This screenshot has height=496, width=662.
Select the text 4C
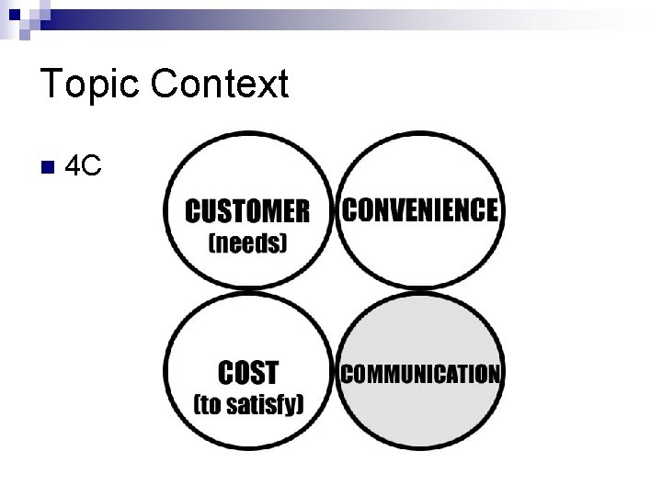point(85,166)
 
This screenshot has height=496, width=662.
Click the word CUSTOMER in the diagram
point(247,211)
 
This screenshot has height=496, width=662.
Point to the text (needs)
point(248,243)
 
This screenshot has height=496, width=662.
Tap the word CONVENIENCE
point(420,210)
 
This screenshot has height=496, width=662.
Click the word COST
point(247,373)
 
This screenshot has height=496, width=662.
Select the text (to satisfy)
point(248,405)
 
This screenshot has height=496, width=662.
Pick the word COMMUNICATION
point(421,374)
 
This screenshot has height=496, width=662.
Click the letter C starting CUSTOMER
point(194,211)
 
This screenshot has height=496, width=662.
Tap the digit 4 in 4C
point(76,166)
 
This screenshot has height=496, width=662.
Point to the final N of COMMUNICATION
point(494,374)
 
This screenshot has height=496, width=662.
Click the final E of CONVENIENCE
point(491,210)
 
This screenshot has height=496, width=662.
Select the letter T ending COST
point(270,373)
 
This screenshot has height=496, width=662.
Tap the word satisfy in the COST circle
point(262,405)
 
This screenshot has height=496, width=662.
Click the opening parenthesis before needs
point(213,244)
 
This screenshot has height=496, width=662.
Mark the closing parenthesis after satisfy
point(300,405)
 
